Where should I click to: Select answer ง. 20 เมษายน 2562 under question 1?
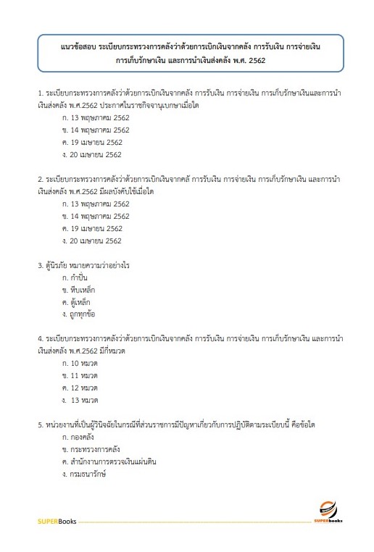[x=92, y=154]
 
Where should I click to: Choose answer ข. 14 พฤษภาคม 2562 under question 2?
[x=96, y=216]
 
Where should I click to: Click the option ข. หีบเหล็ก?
[x=79, y=290]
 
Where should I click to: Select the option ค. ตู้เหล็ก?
[x=78, y=302]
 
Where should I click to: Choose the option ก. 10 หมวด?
[x=80, y=364]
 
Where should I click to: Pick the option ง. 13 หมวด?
[x=80, y=400]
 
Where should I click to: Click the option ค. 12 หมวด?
[x=80, y=388]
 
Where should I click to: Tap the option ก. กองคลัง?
[x=80, y=438]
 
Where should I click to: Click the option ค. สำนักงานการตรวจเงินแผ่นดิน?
[x=110, y=461]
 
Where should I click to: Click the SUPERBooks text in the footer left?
[x=56, y=521]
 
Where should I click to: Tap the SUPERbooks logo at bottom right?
[x=329, y=512]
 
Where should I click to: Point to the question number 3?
[x=39, y=265]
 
